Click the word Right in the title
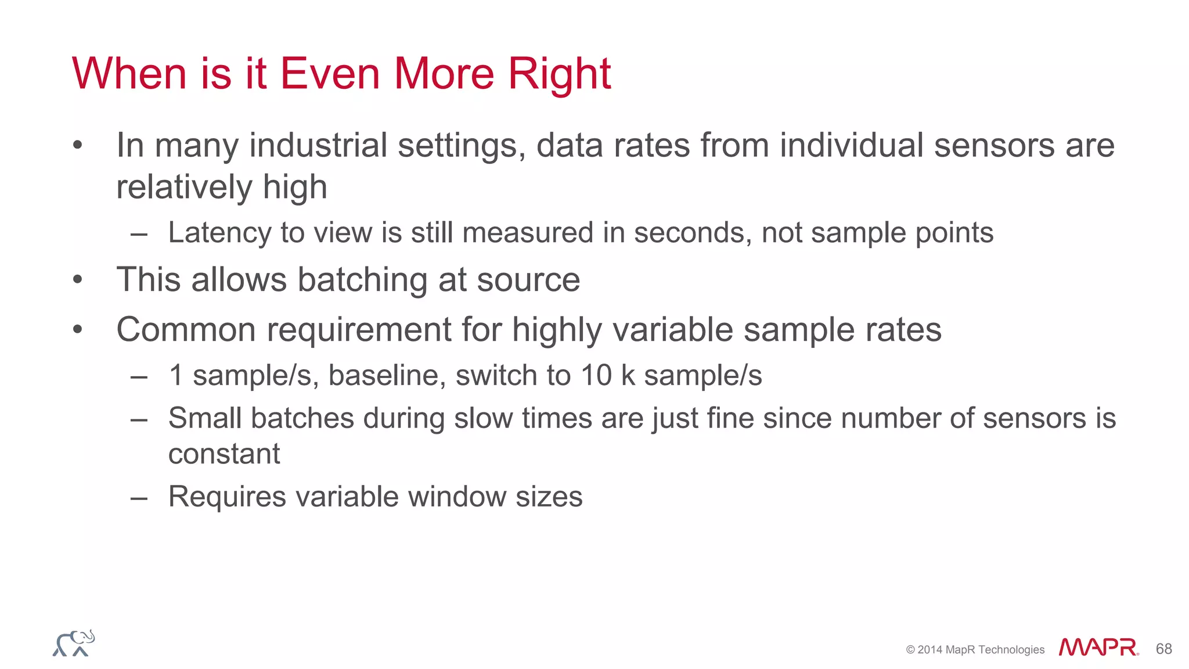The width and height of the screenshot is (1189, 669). tap(559, 74)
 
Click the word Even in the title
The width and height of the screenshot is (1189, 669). tap(330, 74)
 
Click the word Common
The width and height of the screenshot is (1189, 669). tap(186, 330)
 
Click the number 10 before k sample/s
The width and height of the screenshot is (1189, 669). tap(596, 375)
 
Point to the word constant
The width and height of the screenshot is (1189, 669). tap(224, 454)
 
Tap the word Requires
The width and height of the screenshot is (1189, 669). tap(227, 497)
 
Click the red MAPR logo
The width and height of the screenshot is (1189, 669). tap(1098, 648)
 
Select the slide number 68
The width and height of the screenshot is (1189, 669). tap(1163, 649)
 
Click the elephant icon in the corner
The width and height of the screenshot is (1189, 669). tap(74, 643)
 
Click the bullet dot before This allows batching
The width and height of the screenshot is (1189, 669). tap(78, 280)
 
